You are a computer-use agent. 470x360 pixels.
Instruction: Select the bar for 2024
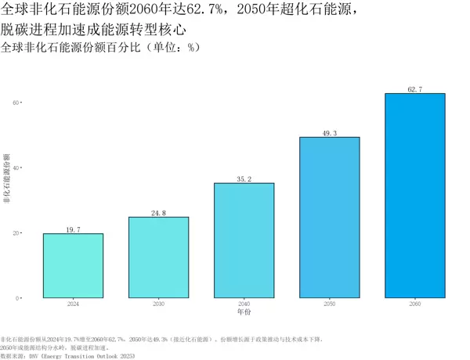[x=73, y=266]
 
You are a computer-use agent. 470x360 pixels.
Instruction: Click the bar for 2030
[x=158, y=257]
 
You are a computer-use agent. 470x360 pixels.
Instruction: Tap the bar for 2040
[x=244, y=240]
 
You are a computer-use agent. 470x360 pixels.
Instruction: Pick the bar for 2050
[x=330, y=218]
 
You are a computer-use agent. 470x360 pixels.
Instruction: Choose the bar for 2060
[x=415, y=196]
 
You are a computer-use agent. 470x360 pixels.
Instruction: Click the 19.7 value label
[x=73, y=229]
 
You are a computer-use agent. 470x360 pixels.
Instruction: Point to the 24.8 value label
[x=158, y=213]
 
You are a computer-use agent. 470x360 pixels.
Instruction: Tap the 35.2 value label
[x=244, y=179]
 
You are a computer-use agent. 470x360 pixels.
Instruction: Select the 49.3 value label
[x=330, y=133]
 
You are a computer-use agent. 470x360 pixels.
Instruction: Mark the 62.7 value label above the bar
[x=415, y=90]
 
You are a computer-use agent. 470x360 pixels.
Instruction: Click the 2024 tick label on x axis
[x=73, y=304]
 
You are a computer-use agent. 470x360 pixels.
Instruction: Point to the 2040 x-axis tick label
[x=244, y=304]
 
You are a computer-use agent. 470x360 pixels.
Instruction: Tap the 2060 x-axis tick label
[x=415, y=304]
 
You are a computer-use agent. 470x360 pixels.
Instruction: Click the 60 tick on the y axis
[x=16, y=103]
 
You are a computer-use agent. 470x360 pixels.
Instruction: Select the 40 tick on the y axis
[x=16, y=167]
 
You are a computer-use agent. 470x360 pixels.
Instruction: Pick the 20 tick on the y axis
[x=16, y=233]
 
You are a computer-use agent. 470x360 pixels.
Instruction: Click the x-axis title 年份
[x=244, y=312]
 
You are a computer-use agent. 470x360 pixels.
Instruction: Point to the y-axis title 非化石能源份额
[x=6, y=179]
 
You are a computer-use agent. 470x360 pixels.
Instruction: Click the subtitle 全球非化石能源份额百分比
[x=102, y=48]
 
